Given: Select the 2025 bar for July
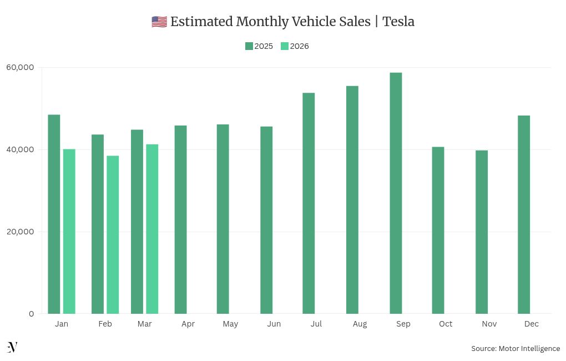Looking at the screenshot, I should (x=309, y=203).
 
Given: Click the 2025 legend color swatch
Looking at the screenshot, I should (x=249, y=46).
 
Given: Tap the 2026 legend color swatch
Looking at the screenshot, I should (x=285, y=46).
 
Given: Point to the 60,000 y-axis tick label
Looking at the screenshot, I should (x=20, y=67).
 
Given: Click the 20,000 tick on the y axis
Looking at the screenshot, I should (x=20, y=232).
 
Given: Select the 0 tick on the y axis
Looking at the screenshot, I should (x=31, y=314).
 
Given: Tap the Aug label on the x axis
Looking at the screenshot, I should (x=360, y=324).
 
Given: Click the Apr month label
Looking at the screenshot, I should (x=188, y=324).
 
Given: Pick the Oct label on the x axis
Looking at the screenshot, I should (x=446, y=324).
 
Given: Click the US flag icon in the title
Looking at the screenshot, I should (x=159, y=22).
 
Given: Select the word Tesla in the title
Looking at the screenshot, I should (x=398, y=22).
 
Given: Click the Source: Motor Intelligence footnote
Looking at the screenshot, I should (x=516, y=348).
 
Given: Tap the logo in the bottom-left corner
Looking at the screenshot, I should (x=12, y=347).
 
